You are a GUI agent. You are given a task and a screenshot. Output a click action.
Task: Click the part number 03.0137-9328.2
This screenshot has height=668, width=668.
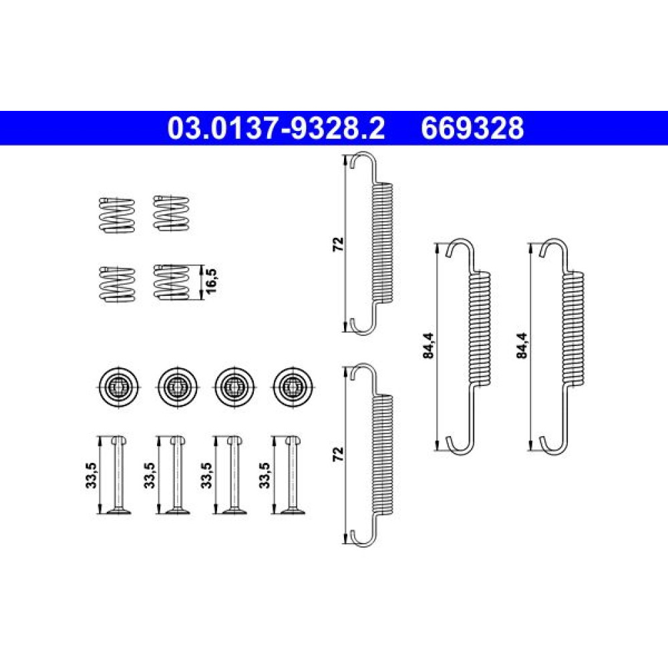click(276, 128)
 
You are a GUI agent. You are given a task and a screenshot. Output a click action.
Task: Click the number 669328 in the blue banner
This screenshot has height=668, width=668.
click(472, 128)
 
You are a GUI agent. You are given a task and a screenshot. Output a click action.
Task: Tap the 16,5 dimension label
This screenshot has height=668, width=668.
click(212, 281)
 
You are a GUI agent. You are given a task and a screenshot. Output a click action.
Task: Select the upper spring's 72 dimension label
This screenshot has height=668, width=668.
click(338, 244)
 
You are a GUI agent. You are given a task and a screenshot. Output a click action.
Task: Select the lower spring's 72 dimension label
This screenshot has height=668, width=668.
click(338, 454)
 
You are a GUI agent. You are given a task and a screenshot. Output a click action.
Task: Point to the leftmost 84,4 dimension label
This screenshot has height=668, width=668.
click(429, 345)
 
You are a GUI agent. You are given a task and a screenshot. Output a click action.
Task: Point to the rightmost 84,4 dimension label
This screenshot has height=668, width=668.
click(522, 345)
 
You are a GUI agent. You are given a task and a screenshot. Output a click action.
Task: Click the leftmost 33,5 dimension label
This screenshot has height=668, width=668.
click(92, 476)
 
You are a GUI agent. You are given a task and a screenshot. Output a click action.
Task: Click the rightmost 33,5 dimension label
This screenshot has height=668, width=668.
click(265, 476)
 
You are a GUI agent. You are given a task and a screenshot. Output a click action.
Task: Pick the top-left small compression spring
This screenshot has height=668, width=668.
click(117, 215)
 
